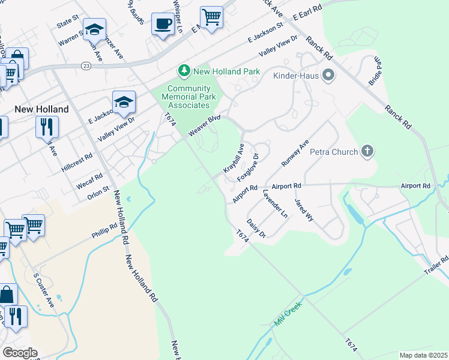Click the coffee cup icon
tap(163, 24)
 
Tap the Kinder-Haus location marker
tap(328, 76)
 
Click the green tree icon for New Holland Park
tap(184, 71)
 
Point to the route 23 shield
tap(87, 67)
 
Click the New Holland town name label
tap(41, 109)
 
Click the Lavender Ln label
tap(275, 204)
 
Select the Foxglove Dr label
tap(248, 167)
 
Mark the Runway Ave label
tap(295, 154)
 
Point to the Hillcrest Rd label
tap(77, 163)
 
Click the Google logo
tap(20, 353)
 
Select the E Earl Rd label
tap(307, 13)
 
